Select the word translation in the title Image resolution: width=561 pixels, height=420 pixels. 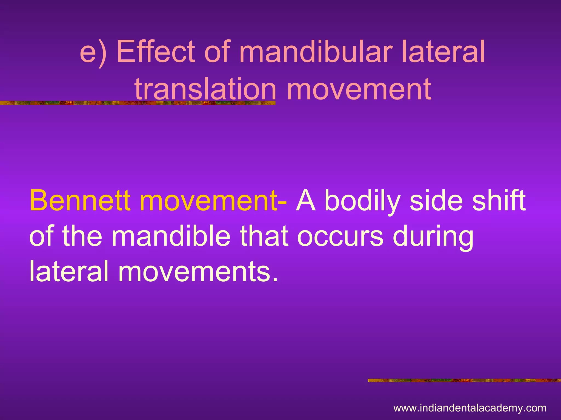tap(205, 89)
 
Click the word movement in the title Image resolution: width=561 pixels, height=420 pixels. tap(359, 89)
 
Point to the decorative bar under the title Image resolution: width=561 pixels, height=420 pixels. tap(137, 103)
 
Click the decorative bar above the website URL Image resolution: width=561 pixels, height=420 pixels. tap(464, 380)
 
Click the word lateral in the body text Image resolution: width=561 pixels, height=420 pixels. tap(68, 271)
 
